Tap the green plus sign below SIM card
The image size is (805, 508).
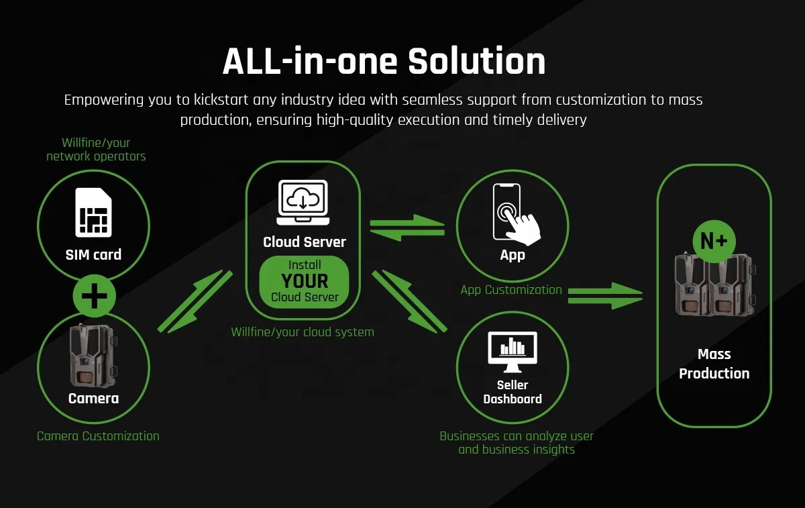[94, 295]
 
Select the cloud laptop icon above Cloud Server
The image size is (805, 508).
[303, 201]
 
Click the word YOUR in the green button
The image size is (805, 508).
[305, 281]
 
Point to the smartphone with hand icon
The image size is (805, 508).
[514, 213]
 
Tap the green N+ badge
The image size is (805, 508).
[714, 242]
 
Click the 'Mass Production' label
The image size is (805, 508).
[714, 364]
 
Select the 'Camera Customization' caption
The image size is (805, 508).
[98, 436]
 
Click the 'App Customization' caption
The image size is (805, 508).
[511, 290]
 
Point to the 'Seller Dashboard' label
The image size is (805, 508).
[513, 392]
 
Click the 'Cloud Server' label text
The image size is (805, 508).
[305, 242]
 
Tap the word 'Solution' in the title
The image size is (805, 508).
[476, 62]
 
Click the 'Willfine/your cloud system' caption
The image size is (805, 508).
[303, 332]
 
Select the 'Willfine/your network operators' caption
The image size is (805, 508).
[96, 150]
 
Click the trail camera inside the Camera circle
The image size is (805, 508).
[93, 358]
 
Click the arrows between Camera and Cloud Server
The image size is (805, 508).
[195, 301]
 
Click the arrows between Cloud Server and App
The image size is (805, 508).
[407, 226]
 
